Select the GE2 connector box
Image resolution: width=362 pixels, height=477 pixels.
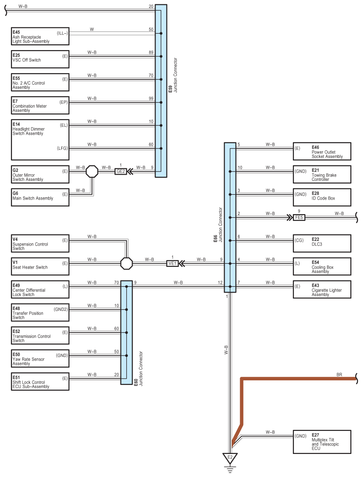(x=121, y=171)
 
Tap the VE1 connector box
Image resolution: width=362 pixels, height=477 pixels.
(x=172, y=263)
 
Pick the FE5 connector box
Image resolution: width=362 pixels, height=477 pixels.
(x=299, y=218)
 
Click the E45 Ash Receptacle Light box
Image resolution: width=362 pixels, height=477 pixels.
(x=40, y=36)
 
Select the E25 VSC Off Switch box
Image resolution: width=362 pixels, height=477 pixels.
(x=40, y=59)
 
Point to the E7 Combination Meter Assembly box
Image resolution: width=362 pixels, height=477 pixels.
(x=40, y=105)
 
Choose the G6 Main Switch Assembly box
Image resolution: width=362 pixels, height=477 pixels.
(x=40, y=197)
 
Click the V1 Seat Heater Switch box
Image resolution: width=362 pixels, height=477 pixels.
(x=40, y=266)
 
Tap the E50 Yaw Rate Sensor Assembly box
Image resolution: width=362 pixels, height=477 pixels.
(x=40, y=359)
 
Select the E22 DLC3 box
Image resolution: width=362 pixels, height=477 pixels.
(x=322, y=243)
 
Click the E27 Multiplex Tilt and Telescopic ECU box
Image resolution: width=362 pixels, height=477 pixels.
(x=322, y=442)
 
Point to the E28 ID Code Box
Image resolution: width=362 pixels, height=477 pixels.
(x=322, y=197)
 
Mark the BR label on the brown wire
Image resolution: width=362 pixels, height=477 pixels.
(x=339, y=375)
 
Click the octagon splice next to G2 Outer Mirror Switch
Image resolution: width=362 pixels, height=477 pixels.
(x=92, y=172)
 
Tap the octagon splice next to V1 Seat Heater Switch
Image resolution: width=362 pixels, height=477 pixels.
(x=126, y=263)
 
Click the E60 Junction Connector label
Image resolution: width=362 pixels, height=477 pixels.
(x=138, y=369)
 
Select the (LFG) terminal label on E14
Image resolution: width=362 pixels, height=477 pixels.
(x=62, y=148)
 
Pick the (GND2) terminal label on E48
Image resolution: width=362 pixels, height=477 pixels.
(x=61, y=309)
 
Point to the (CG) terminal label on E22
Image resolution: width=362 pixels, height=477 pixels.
(x=299, y=240)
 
